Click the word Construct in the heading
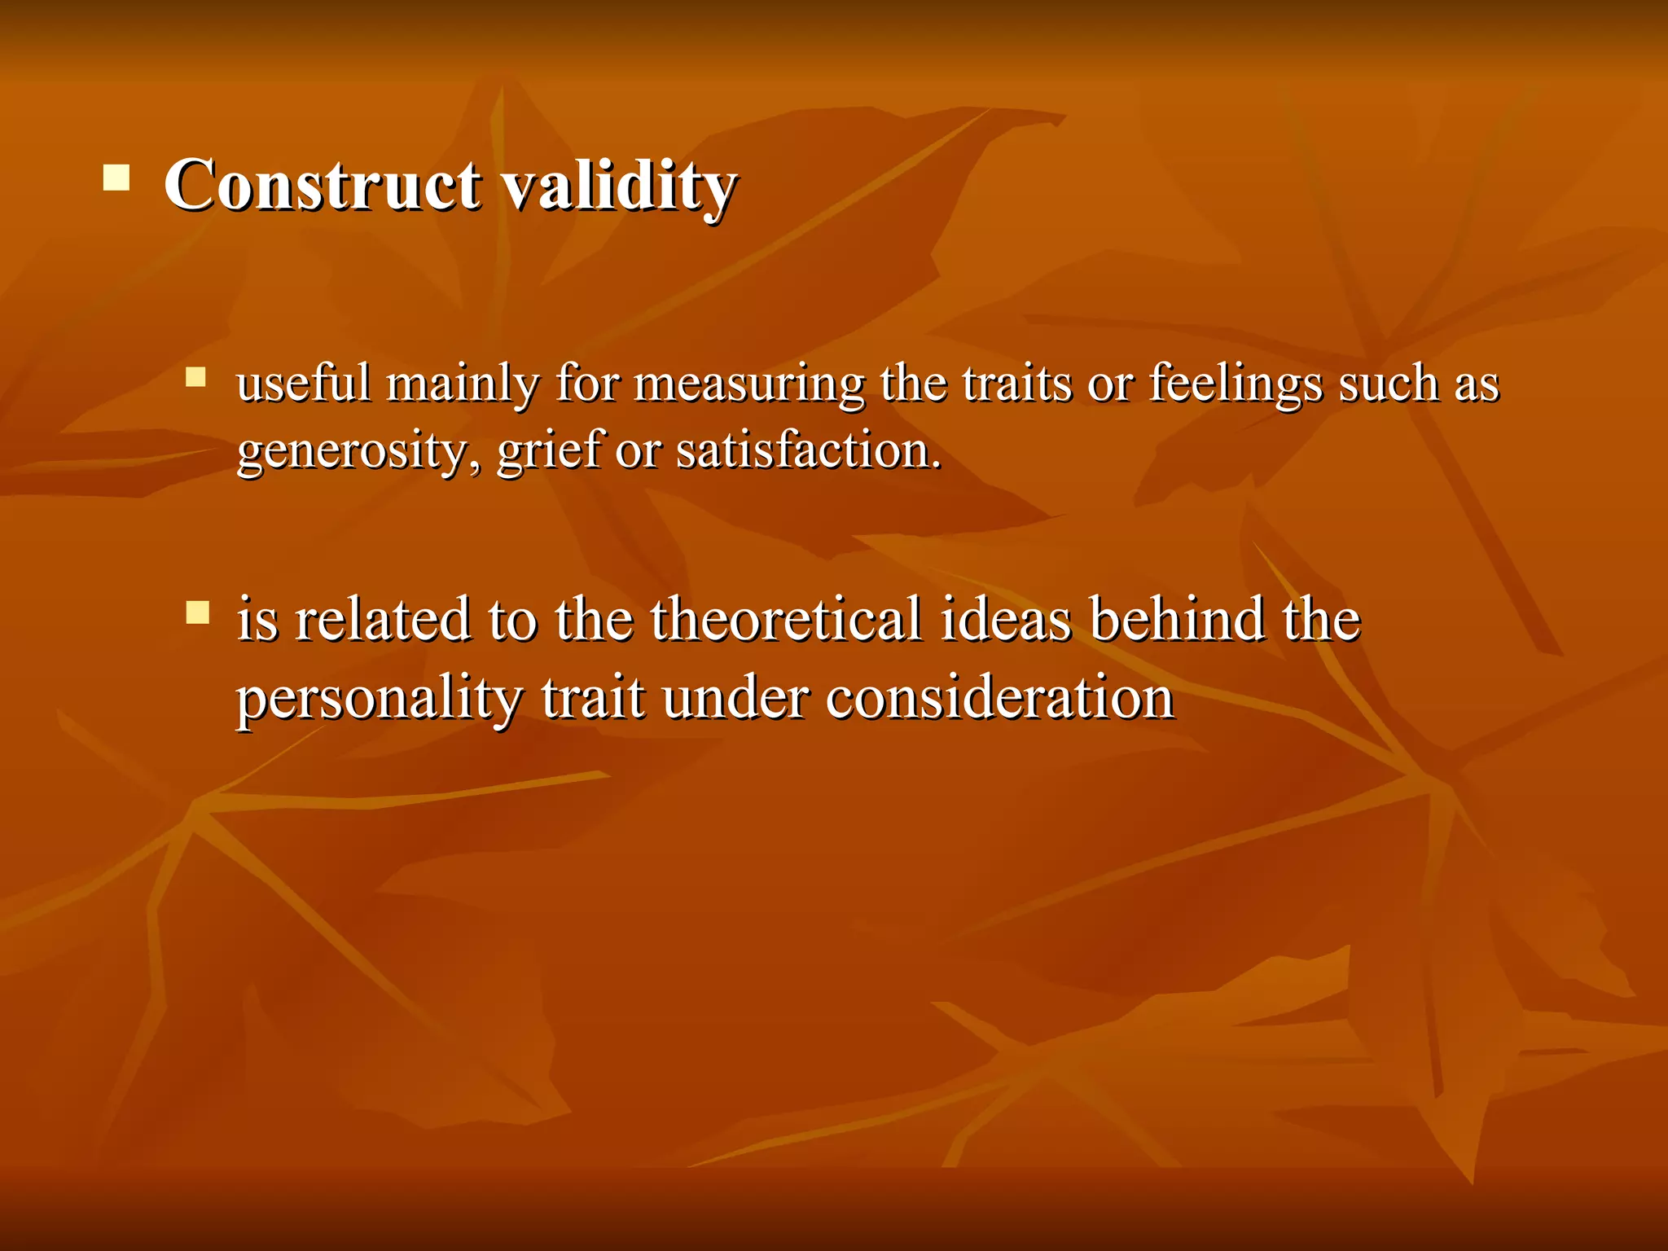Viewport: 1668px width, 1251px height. (x=322, y=184)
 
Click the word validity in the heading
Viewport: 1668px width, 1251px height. (x=619, y=184)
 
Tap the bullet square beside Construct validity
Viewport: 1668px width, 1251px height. (x=116, y=177)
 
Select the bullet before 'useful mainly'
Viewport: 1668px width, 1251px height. (x=195, y=376)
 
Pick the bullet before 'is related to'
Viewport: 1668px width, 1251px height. (x=197, y=612)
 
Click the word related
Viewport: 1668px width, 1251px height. (x=383, y=619)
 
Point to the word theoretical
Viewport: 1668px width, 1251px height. (x=786, y=619)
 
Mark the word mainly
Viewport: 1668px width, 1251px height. (x=463, y=384)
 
